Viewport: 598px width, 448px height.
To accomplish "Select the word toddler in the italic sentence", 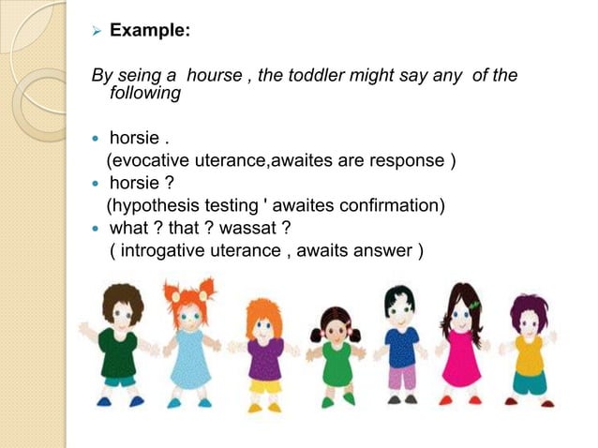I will tap(312, 77).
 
